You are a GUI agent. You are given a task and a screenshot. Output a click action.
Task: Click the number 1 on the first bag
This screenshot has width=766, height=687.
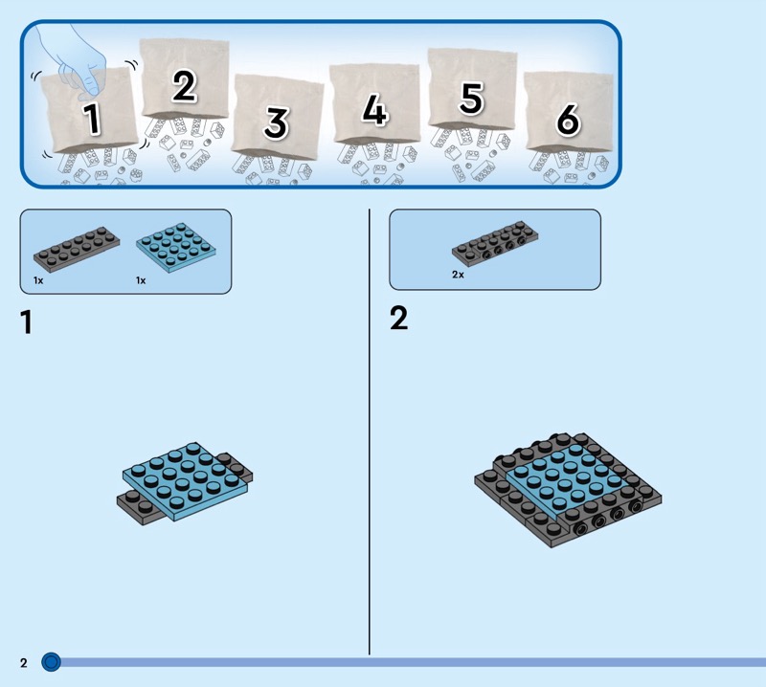tap(92, 120)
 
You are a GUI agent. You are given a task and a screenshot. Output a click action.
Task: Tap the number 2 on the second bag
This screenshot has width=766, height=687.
tap(184, 86)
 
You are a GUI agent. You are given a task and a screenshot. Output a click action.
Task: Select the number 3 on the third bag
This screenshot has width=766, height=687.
tap(276, 122)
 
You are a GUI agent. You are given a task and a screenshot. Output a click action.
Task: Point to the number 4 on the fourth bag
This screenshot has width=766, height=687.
tap(374, 112)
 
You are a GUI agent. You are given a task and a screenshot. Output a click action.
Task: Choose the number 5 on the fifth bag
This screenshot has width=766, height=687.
tap(471, 97)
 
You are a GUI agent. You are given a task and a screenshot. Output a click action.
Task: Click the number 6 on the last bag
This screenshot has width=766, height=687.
tap(567, 121)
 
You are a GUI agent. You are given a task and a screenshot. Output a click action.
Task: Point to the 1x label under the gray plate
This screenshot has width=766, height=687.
tap(38, 281)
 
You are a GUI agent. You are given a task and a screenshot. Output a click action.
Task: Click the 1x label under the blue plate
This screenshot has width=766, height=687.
tap(141, 281)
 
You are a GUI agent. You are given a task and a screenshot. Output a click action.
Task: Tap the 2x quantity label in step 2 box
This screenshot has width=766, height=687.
tap(458, 275)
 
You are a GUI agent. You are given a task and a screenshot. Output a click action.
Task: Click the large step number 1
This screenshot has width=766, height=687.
tap(26, 322)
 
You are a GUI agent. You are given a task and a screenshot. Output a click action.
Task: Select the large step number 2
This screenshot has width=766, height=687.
tap(398, 318)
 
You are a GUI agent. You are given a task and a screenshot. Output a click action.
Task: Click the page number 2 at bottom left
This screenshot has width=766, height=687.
tap(24, 662)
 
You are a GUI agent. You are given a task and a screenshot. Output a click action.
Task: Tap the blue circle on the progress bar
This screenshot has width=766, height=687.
tap(51, 661)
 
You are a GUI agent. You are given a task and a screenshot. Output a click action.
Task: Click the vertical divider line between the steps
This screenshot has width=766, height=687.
tap(370, 431)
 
